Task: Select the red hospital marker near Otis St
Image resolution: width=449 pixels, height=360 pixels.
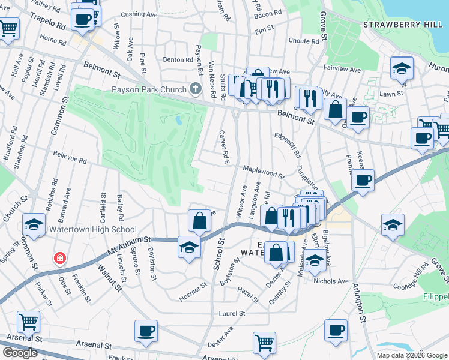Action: [59, 259]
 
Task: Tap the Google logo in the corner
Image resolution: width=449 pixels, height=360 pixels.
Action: [20, 353]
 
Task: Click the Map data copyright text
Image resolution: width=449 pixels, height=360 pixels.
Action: [412, 355]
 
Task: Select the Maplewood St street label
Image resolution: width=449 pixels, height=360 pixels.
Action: [264, 172]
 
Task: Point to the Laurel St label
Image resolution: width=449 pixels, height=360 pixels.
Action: [232, 313]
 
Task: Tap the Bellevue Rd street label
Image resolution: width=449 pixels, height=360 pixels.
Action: [70, 160]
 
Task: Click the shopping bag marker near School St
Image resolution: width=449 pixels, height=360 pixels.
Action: [199, 220]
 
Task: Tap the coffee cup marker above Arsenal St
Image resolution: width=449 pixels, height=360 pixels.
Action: [146, 331]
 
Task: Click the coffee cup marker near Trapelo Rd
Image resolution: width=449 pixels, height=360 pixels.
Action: [82, 18]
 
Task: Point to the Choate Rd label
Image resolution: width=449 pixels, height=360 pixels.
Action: [303, 41]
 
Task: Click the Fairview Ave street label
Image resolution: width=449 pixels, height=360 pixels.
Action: [342, 70]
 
